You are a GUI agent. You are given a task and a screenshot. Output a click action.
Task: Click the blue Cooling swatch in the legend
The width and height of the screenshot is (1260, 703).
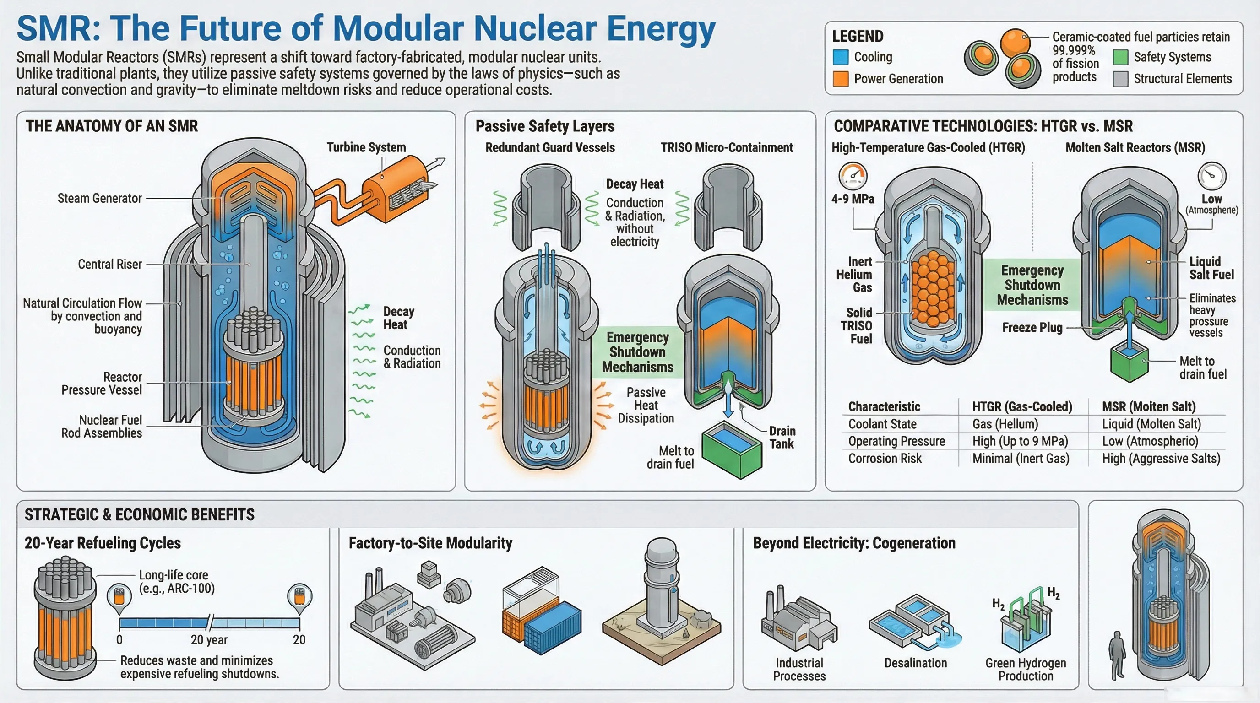coord(840,57)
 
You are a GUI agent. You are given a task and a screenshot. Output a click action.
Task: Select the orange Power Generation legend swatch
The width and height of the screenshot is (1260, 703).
coord(840,79)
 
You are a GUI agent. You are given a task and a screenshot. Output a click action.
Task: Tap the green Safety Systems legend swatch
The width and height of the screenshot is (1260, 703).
coord(1120,57)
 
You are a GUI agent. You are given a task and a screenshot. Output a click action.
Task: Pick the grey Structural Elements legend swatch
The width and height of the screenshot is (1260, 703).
coord(1120,79)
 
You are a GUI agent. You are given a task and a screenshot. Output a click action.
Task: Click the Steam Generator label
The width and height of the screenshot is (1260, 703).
coord(99,198)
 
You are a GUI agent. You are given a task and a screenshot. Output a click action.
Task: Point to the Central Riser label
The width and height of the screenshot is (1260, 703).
coord(109,264)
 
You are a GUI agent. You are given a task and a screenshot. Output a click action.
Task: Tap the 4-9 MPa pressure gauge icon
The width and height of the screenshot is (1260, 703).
coord(853,176)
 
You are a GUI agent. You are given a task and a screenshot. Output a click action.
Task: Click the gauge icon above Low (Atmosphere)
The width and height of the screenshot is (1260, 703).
coord(1211,176)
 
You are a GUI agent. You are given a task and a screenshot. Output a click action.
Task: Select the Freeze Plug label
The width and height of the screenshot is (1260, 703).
coord(1032,328)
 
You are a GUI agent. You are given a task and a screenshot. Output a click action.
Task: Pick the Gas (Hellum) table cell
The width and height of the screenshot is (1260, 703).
coord(1005,424)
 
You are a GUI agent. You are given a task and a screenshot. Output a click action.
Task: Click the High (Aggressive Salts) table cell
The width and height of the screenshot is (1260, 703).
coord(1161,459)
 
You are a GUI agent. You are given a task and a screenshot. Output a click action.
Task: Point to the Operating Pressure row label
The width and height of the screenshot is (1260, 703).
coord(896,441)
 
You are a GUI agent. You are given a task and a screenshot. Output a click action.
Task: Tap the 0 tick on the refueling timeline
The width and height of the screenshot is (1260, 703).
coord(119,639)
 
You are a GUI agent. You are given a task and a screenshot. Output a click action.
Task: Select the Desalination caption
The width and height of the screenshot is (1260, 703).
coord(915,663)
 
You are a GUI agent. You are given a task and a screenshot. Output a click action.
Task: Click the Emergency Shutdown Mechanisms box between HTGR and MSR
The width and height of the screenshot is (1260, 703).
coord(1032,285)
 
